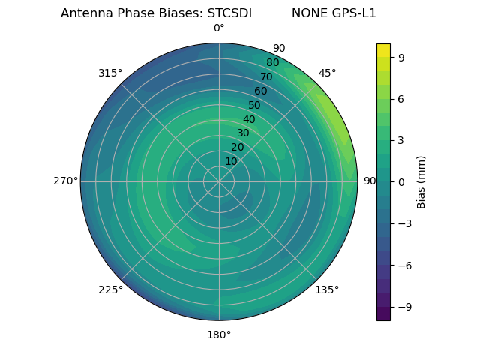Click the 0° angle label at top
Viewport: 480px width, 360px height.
[219, 28]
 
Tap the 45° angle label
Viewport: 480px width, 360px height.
[328, 73]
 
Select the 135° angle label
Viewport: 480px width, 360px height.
[327, 289]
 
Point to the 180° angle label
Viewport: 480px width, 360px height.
[219, 334]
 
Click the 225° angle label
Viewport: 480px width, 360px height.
[110, 290]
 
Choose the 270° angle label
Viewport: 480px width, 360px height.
[65, 181]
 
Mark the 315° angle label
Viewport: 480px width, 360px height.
[110, 73]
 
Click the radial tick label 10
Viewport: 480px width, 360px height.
[231, 161]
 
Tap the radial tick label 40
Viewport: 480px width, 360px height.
[249, 119]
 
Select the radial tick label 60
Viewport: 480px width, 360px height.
[261, 91]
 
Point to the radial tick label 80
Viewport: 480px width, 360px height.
[273, 63]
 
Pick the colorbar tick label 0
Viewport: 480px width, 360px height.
[400, 181]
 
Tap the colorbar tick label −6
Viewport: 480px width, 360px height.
[403, 265]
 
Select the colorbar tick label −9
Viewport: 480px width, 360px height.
[403, 307]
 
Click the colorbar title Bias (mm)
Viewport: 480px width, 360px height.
[421, 181]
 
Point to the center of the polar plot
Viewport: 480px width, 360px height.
[219, 181]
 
